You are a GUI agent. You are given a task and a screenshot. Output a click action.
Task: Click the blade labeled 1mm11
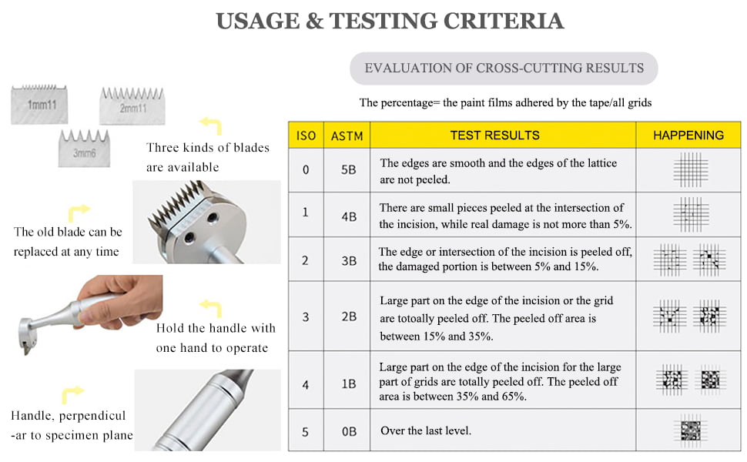[39, 104]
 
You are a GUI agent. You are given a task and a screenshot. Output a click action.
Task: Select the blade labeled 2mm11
[132, 105]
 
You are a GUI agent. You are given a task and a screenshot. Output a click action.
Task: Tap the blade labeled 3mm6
[84, 149]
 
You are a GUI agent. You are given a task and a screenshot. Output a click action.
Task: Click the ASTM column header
[347, 136]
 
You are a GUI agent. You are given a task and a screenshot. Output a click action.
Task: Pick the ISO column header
[306, 136]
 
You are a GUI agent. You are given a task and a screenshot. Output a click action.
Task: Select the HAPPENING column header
[688, 136]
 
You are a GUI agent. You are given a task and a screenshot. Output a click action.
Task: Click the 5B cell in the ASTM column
[348, 170]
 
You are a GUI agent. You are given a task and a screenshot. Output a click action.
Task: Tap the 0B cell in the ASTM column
[349, 431]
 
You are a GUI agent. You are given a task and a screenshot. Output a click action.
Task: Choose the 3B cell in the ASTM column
[349, 261]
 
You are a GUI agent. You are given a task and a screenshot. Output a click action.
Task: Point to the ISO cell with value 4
[306, 384]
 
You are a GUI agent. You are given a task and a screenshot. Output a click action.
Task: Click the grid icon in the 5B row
[691, 169]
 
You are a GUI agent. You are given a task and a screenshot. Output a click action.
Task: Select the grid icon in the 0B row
[691, 430]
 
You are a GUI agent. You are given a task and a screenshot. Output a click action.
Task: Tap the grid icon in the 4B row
[691, 214]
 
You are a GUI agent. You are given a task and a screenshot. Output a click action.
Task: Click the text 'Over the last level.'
[425, 430]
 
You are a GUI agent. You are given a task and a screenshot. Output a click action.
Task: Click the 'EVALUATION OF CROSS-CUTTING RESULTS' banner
[504, 69]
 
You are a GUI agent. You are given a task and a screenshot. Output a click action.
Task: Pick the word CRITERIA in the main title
[504, 21]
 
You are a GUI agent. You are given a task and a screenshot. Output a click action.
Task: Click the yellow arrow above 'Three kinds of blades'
[210, 126]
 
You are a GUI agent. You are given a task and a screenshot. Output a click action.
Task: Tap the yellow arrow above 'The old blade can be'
[79, 213]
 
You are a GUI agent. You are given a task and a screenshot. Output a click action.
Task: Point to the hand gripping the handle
[120, 302]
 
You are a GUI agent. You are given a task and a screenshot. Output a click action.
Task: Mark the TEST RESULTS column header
[495, 136]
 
